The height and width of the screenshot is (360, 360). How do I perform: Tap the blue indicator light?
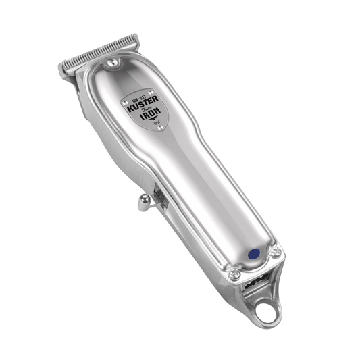[254, 255]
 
